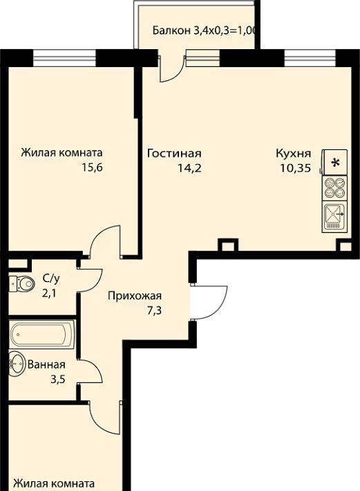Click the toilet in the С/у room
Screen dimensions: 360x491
pyautogui.click(x=21, y=284)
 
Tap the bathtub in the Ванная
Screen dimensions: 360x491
pyautogui.click(x=42, y=334)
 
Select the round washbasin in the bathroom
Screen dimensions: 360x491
pyautogui.click(x=17, y=364)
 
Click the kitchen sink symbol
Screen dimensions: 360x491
pyautogui.click(x=334, y=216)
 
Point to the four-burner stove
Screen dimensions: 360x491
pyautogui.click(x=334, y=188)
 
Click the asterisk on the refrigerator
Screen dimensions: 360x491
pyautogui.click(x=336, y=163)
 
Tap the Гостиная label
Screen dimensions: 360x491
pyautogui.click(x=174, y=154)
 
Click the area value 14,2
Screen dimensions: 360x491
pyautogui.click(x=189, y=168)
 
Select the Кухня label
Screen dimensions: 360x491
pyautogui.click(x=294, y=154)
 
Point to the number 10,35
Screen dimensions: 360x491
pyautogui.click(x=296, y=168)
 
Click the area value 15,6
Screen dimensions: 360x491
pyautogui.click(x=93, y=167)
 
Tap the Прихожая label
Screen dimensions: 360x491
pyautogui.click(x=135, y=295)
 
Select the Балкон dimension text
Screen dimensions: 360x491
pyautogui.click(x=205, y=30)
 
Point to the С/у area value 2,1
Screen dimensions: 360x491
pyautogui.click(x=49, y=293)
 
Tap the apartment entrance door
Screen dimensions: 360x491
pyautogui.click(x=209, y=302)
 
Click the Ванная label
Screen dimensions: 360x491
pyautogui.click(x=46, y=364)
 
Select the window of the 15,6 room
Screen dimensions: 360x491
pyautogui.click(x=64, y=58)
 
